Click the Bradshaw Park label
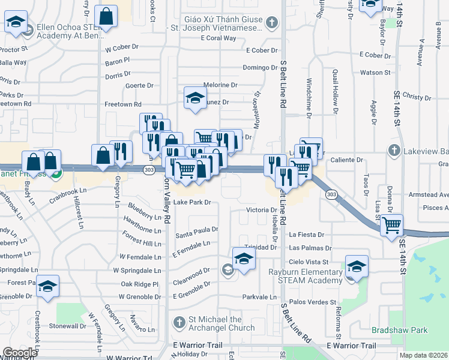coord(391,330)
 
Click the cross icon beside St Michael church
coord(178,323)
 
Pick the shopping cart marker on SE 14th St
coord(392,226)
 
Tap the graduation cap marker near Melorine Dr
coord(195,97)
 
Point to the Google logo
coord(20,352)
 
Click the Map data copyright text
coord(424,355)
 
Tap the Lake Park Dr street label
coord(192,202)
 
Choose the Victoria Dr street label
coord(261,210)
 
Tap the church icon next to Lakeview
coord(394,149)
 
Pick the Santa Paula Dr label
coord(197,229)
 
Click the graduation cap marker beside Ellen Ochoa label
coord(16,23)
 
